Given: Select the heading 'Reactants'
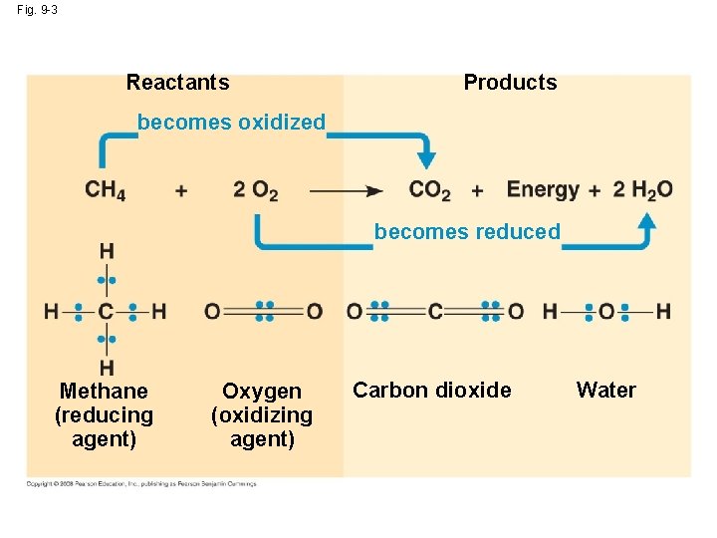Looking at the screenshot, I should click(177, 83).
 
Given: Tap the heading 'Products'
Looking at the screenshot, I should click(510, 83).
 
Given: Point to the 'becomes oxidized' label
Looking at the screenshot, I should click(231, 123).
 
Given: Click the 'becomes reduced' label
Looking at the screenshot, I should click(467, 232).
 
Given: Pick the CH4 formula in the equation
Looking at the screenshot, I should click(105, 189).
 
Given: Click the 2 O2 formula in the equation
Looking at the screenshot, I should click(256, 189).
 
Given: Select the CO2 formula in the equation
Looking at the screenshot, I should click(429, 189).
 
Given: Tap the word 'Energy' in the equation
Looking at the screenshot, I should click(543, 189).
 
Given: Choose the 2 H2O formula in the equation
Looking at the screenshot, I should click(642, 189).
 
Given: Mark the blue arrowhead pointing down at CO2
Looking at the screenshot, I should click(426, 158).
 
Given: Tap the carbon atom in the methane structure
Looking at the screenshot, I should click(106, 312).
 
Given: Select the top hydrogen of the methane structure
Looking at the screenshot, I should click(106, 250).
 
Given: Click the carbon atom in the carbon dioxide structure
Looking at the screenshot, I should click(435, 312).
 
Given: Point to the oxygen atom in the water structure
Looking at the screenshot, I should click(606, 312).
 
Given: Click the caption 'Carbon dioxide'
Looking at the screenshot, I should click(432, 390).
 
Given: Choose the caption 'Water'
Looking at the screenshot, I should click(605, 390).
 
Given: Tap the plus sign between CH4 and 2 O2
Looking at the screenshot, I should click(180, 190).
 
